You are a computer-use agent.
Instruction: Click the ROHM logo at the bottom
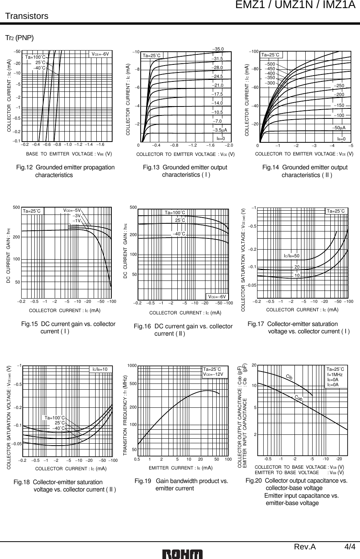click(182, 553)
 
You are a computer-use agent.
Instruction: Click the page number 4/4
click(350, 547)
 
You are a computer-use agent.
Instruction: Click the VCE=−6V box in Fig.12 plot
click(102, 54)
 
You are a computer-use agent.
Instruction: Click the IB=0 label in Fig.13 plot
click(220, 138)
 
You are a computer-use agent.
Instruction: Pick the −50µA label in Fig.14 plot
click(339, 128)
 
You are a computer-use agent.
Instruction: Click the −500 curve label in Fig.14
click(271, 64)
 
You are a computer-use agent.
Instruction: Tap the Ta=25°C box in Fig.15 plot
click(32, 211)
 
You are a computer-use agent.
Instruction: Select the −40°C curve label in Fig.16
click(178, 234)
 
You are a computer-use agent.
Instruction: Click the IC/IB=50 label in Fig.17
click(291, 256)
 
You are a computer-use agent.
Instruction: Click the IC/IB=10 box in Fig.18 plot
click(101, 369)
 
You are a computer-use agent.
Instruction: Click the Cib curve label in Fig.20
click(289, 376)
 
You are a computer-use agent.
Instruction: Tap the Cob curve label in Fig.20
click(298, 397)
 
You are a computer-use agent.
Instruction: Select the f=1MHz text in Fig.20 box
click(335, 374)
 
